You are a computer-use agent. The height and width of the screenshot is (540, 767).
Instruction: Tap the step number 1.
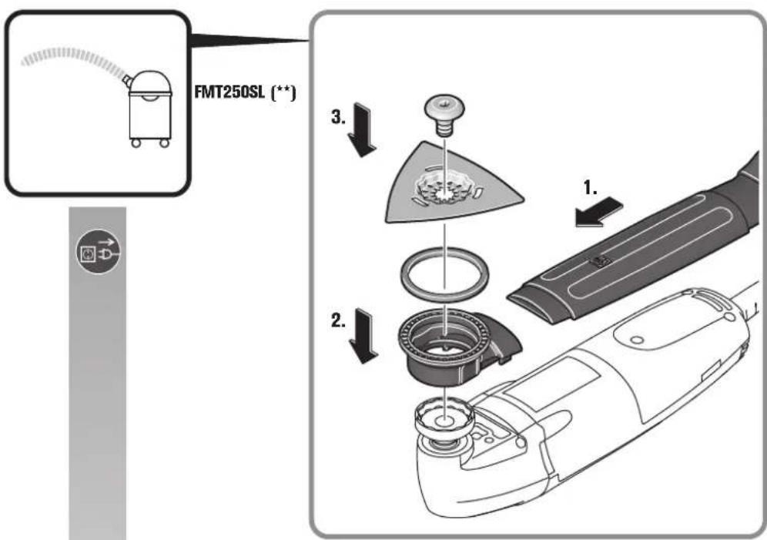pyautogui.click(x=591, y=187)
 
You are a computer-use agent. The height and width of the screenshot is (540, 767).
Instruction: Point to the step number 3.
pyautogui.click(x=339, y=116)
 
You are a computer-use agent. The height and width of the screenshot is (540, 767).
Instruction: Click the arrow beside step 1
pyautogui.click(x=598, y=211)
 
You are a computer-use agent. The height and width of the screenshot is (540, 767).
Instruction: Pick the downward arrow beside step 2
pyautogui.click(x=363, y=336)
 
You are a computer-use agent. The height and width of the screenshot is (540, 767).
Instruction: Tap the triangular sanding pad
pyautogui.click(x=454, y=183)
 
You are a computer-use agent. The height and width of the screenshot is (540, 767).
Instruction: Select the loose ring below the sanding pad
pyautogui.click(x=444, y=273)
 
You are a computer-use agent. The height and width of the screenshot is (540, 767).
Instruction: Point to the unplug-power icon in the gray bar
pyautogui.click(x=99, y=252)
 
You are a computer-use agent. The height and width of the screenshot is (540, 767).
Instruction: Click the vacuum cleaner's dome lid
pyautogui.click(x=150, y=82)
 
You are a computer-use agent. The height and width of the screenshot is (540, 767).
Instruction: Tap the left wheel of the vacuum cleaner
pyautogui.click(x=136, y=143)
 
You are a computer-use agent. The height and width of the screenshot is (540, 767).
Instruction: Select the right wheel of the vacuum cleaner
pyautogui.click(x=164, y=143)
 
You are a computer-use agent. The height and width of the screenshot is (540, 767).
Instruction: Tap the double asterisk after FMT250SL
pyautogui.click(x=283, y=92)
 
